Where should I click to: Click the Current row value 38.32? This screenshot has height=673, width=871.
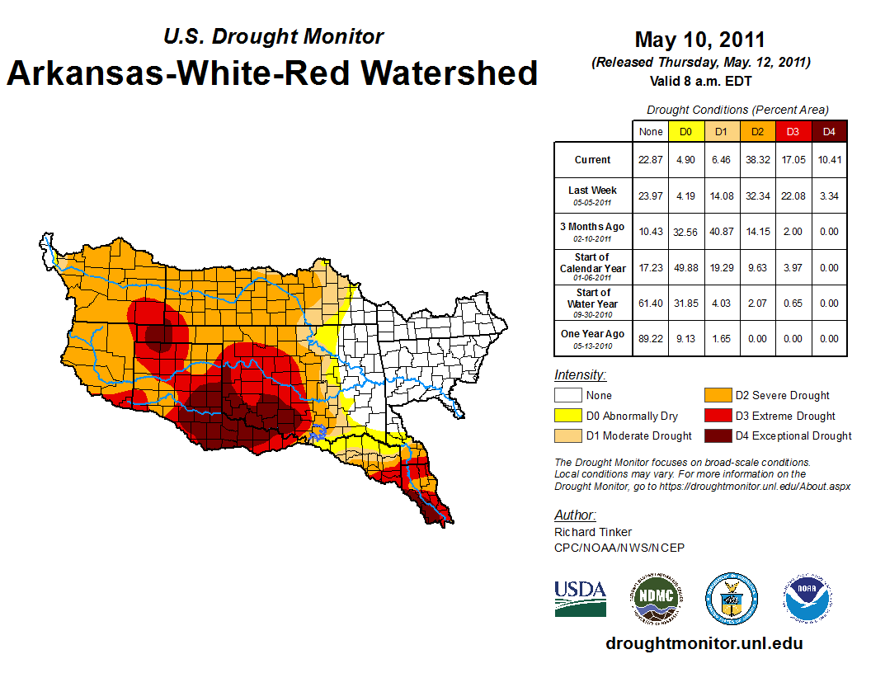[x=757, y=160]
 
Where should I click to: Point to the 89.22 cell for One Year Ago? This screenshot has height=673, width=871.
[x=651, y=338]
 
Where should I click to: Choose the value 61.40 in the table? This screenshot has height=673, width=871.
[x=651, y=303]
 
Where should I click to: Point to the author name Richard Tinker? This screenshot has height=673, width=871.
[x=593, y=532]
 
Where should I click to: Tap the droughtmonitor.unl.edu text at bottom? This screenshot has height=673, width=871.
[x=704, y=643]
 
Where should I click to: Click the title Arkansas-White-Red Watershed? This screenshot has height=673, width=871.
[x=272, y=73]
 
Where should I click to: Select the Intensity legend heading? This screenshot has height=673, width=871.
[x=580, y=375]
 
